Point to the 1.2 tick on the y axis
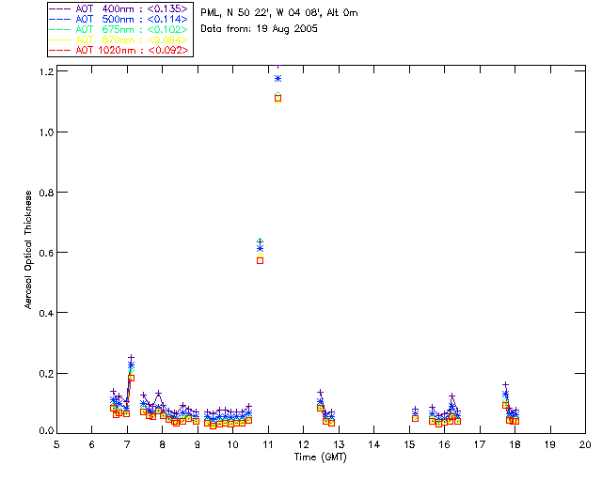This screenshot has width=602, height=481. click(43, 72)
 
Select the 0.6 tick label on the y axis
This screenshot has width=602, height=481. click(43, 253)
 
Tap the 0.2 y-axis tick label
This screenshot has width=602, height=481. click(43, 373)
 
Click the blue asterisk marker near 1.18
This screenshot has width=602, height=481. click(277, 78)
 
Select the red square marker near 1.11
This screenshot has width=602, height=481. click(277, 98)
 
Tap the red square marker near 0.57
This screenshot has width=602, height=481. click(260, 260)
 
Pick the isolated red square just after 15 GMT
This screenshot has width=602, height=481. click(415, 417)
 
